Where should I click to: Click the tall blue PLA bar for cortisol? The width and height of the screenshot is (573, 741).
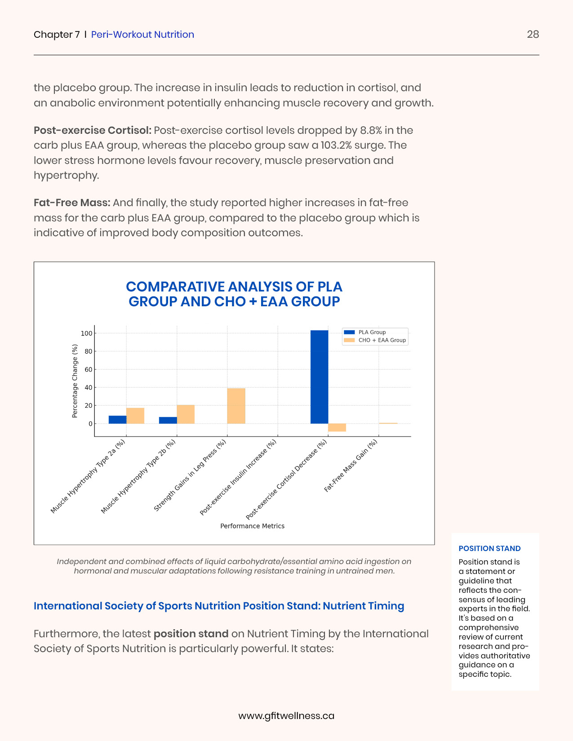tap(319, 377)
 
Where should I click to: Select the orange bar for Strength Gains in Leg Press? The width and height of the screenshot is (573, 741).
tap(236, 406)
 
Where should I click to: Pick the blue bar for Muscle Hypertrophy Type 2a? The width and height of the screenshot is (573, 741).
tap(117, 419)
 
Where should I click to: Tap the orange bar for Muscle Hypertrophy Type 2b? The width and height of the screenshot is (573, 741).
tap(186, 414)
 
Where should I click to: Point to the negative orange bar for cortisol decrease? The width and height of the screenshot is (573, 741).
tap(337, 428)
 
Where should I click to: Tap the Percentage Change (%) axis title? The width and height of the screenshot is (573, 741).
tap(75, 381)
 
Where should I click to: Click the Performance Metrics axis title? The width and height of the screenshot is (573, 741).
tap(252, 526)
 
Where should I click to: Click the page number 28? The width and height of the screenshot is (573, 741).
tap(533, 35)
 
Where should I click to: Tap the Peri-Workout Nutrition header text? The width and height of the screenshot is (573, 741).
tap(142, 35)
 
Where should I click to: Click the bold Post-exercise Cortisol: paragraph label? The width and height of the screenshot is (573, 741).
tap(93, 130)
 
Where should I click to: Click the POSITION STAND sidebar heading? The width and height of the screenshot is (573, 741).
tap(489, 548)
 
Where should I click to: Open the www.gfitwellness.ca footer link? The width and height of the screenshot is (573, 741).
tap(286, 716)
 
